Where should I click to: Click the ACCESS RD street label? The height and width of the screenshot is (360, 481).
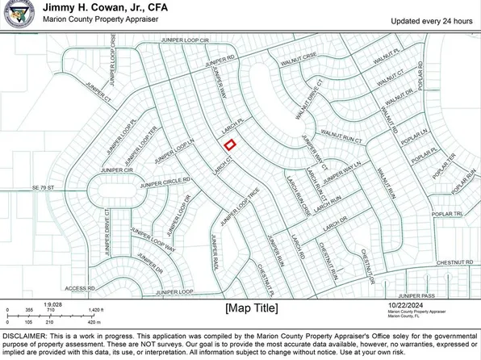tap(80, 287)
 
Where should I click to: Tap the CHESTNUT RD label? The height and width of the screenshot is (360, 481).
tap(450, 263)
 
